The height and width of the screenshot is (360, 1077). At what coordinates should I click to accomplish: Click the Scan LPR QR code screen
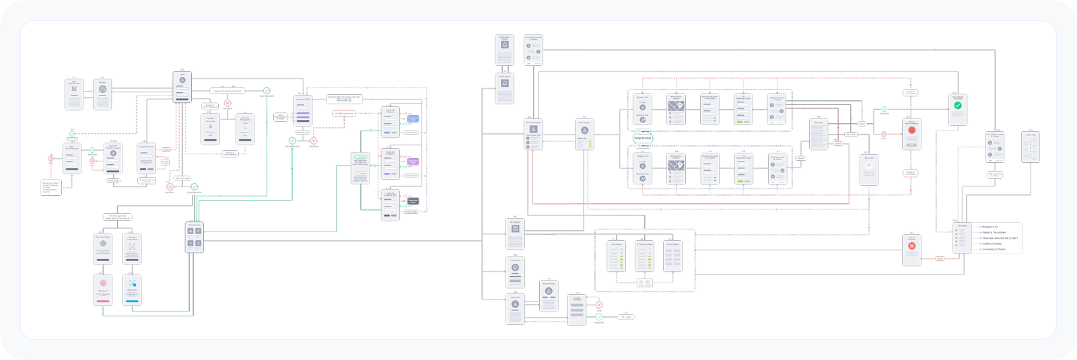[74, 94]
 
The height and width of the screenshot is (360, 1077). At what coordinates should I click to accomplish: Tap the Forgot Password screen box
[147, 159]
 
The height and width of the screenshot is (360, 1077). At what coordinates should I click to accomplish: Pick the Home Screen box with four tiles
[195, 238]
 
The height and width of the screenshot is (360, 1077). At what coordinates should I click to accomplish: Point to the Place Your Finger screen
[103, 249]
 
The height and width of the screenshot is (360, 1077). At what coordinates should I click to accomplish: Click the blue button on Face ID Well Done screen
[132, 301]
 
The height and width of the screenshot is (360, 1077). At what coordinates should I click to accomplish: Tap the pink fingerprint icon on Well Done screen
[103, 283]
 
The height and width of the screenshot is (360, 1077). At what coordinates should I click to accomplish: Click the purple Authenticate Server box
[413, 162]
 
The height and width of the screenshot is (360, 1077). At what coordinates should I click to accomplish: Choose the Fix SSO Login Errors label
[345, 114]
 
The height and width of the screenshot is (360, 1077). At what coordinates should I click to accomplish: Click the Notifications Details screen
[504, 50]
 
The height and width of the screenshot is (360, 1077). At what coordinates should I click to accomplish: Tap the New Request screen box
[585, 135]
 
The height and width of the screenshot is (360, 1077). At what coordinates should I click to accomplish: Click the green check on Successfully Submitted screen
[958, 106]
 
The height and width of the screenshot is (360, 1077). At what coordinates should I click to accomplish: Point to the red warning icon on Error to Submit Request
[911, 131]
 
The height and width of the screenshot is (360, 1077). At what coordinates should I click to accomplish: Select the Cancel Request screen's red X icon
[912, 246]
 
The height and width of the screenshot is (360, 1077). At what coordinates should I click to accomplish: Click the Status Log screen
[1030, 147]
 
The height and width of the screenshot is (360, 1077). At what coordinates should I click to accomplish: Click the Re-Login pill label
[625, 317]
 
